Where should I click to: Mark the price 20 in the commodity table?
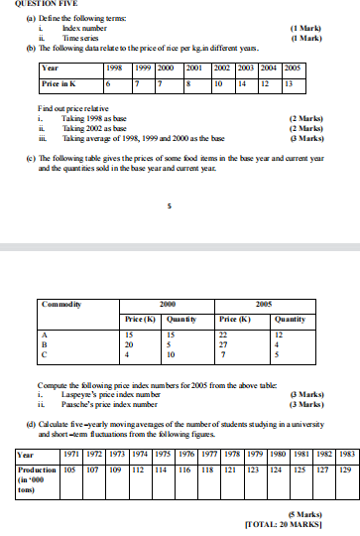[129, 345]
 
